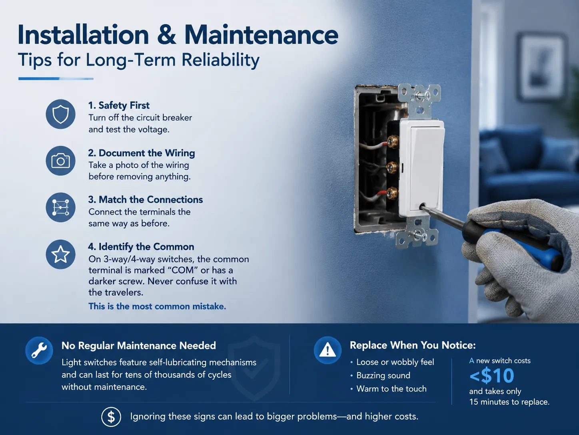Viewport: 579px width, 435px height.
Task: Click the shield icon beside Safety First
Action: click(60, 114)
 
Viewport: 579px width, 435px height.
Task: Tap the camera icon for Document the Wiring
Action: click(60, 161)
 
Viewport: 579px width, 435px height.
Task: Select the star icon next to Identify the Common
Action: click(60, 254)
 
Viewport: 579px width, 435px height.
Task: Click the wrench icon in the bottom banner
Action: click(39, 350)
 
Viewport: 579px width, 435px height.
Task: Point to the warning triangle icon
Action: click(327, 350)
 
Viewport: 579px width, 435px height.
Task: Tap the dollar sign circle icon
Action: click(111, 417)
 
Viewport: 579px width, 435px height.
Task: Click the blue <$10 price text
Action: click(492, 375)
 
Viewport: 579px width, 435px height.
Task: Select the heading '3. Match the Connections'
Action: click(145, 199)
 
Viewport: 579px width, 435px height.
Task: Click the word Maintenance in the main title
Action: click(261, 35)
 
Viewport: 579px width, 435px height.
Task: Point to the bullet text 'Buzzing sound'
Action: click(383, 375)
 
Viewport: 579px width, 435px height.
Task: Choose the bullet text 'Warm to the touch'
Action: click(391, 389)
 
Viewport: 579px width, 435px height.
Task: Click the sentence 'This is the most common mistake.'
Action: click(157, 306)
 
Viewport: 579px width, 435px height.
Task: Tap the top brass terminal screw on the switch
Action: click(393, 141)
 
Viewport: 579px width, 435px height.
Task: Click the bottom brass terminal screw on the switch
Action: click(392, 193)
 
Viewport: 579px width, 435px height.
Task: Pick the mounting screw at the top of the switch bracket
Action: click(420, 95)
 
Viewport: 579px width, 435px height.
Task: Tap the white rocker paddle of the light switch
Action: click(425, 168)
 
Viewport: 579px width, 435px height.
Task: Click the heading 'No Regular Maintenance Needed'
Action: click(139, 345)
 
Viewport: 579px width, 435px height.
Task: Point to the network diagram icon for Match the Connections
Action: click(60, 207)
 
